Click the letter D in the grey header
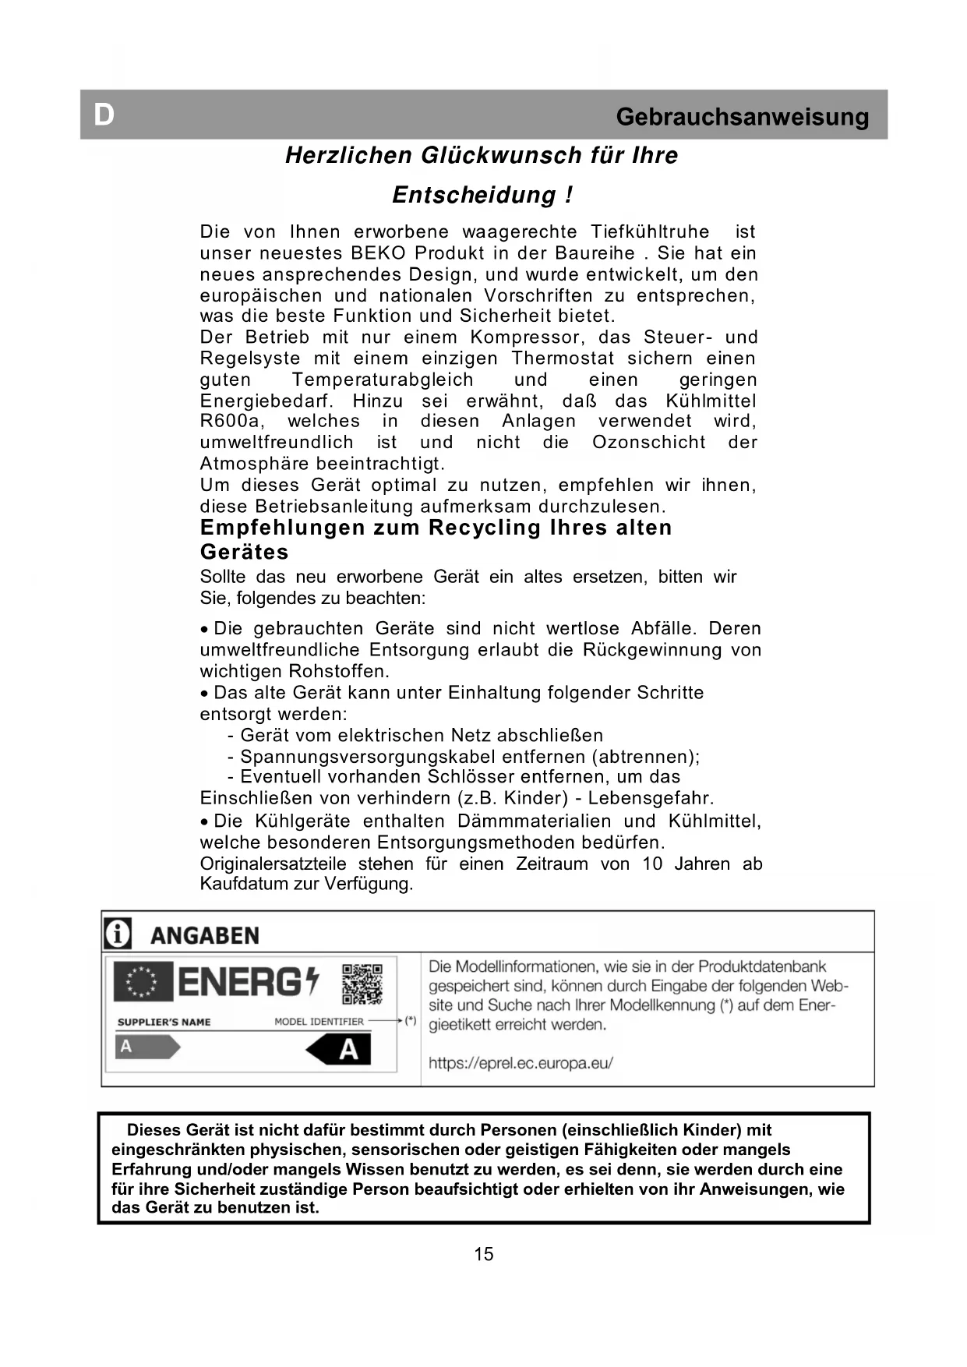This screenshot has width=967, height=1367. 104,115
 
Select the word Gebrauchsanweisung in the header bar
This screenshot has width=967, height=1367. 742,117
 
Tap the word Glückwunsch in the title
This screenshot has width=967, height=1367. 502,155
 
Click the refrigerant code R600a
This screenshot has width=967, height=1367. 231,422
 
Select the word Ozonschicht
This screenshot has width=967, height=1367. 649,443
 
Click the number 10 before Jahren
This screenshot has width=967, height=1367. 652,864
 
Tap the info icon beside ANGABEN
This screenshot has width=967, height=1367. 118,934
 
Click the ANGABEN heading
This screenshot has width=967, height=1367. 204,935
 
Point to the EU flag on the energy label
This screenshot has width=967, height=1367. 143,981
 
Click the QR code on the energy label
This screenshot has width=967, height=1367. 362,984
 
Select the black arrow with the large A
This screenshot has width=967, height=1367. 339,1050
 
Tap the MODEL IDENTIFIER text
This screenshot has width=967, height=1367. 319,1022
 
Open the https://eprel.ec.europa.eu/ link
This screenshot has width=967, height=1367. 521,1062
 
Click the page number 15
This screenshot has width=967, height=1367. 483,1254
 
